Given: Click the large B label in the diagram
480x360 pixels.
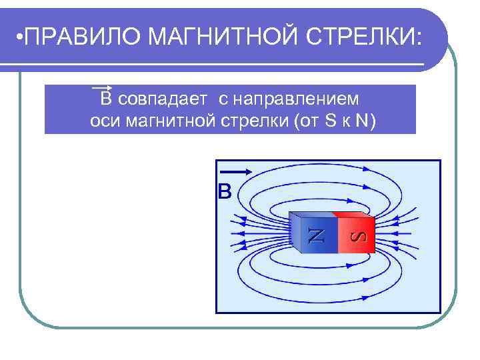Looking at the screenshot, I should pyautogui.click(x=225, y=192).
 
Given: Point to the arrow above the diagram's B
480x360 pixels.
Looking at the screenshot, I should pyautogui.click(x=234, y=171).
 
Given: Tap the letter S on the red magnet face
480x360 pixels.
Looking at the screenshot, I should pyautogui.click(x=359, y=236).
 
